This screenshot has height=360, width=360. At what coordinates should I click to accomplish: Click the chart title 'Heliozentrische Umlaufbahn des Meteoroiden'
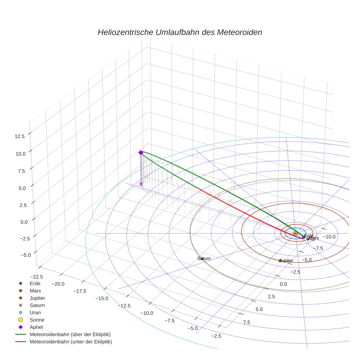tap(180, 32)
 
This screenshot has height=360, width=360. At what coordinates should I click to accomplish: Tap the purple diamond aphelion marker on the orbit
tap(140, 152)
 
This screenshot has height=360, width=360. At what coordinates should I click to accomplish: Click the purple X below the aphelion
tap(141, 184)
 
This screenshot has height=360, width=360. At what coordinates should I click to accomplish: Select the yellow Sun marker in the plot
tap(295, 233)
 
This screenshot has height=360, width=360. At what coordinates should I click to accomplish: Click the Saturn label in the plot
tap(204, 258)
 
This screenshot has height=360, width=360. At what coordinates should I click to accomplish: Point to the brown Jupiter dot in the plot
tap(280, 260)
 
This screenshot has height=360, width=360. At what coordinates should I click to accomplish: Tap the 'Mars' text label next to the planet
tap(314, 238)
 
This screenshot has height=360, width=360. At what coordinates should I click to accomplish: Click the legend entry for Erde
tap(35, 283)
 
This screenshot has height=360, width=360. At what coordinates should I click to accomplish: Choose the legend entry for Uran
tap(35, 312)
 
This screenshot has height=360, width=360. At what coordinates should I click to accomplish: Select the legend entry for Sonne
tap(37, 320)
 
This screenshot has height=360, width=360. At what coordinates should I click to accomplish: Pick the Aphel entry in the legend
tap(36, 327)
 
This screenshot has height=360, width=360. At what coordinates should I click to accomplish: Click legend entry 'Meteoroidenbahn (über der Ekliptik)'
tap(70, 334)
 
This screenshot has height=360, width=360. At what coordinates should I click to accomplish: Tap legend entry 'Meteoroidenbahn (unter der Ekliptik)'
tap(71, 342)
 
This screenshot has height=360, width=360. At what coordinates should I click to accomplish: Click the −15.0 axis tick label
tap(101, 298)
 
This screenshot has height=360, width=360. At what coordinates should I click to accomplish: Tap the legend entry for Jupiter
tap(37, 298)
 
